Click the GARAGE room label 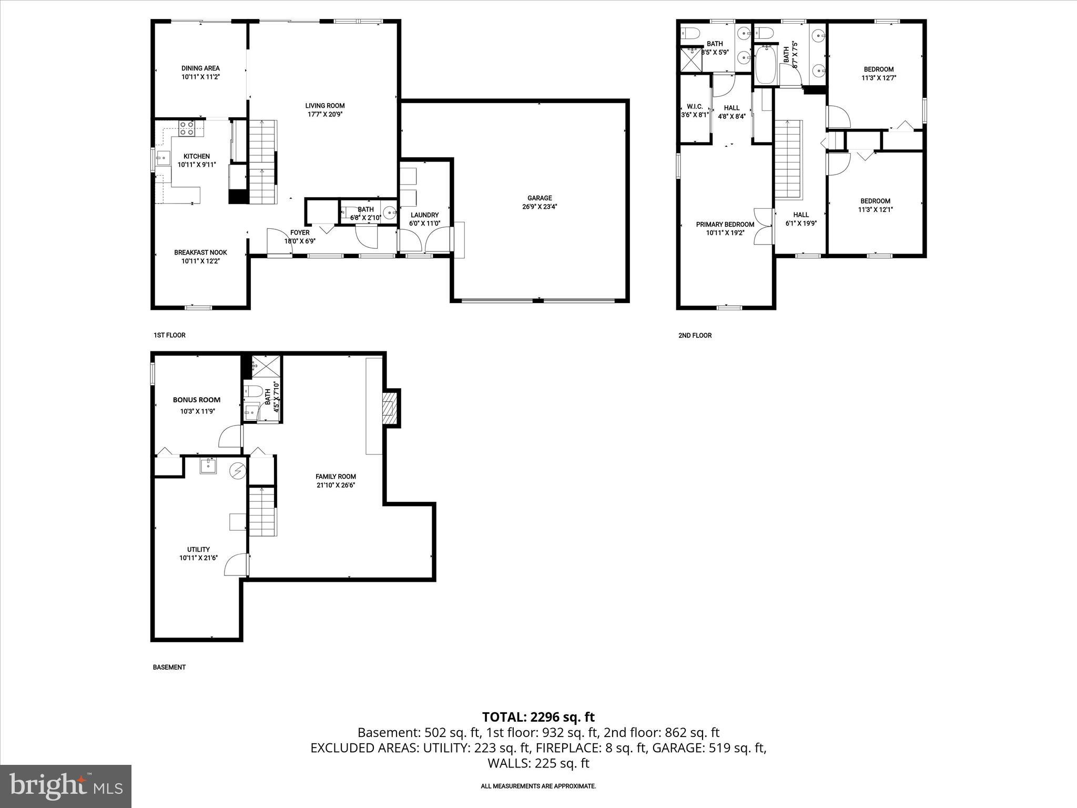(540, 198)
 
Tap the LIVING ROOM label (325, 106)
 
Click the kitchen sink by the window (162, 157)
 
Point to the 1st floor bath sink (390, 213)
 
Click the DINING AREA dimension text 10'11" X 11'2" (200, 77)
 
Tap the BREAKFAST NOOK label (200, 252)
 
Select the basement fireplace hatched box (389, 408)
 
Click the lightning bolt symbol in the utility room (238, 470)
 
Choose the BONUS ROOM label (197, 400)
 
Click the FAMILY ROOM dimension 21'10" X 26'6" (336, 485)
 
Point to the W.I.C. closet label (695, 106)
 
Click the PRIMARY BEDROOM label (725, 225)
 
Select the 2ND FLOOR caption (695, 335)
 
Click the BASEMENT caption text (169, 667)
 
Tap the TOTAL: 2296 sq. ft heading (538, 716)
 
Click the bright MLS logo (66, 786)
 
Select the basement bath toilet (253, 391)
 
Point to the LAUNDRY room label (424, 215)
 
